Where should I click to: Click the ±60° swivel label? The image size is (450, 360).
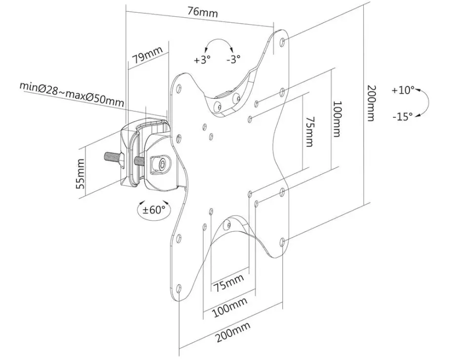153,209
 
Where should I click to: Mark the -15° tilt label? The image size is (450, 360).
403,116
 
